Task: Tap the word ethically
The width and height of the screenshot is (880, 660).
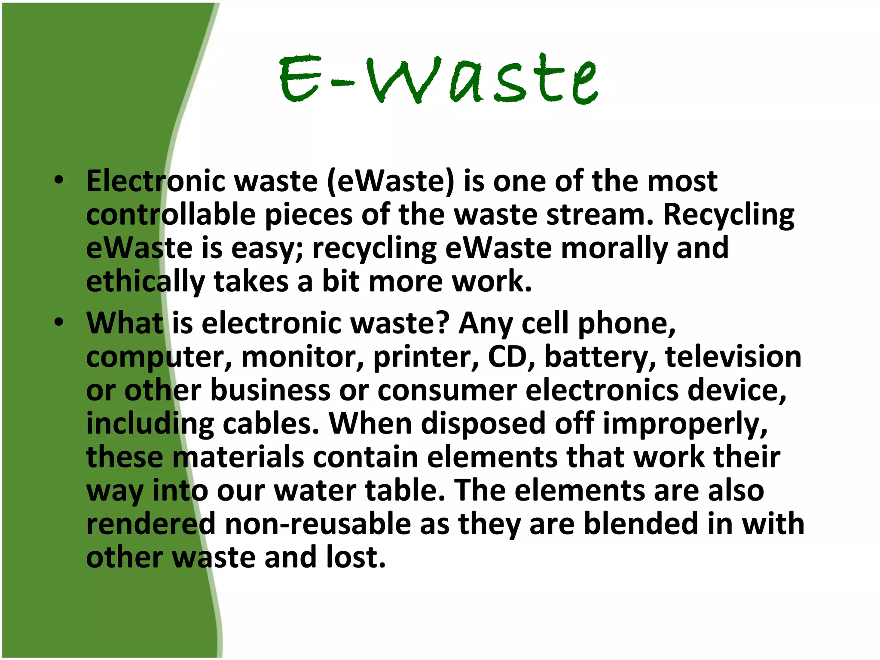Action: coord(145,282)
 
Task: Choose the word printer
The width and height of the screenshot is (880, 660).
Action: coord(426,357)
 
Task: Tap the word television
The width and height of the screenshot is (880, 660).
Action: coord(733,357)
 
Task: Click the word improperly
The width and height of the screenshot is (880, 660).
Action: coord(685,424)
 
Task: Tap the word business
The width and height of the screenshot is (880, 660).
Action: coord(270,390)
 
